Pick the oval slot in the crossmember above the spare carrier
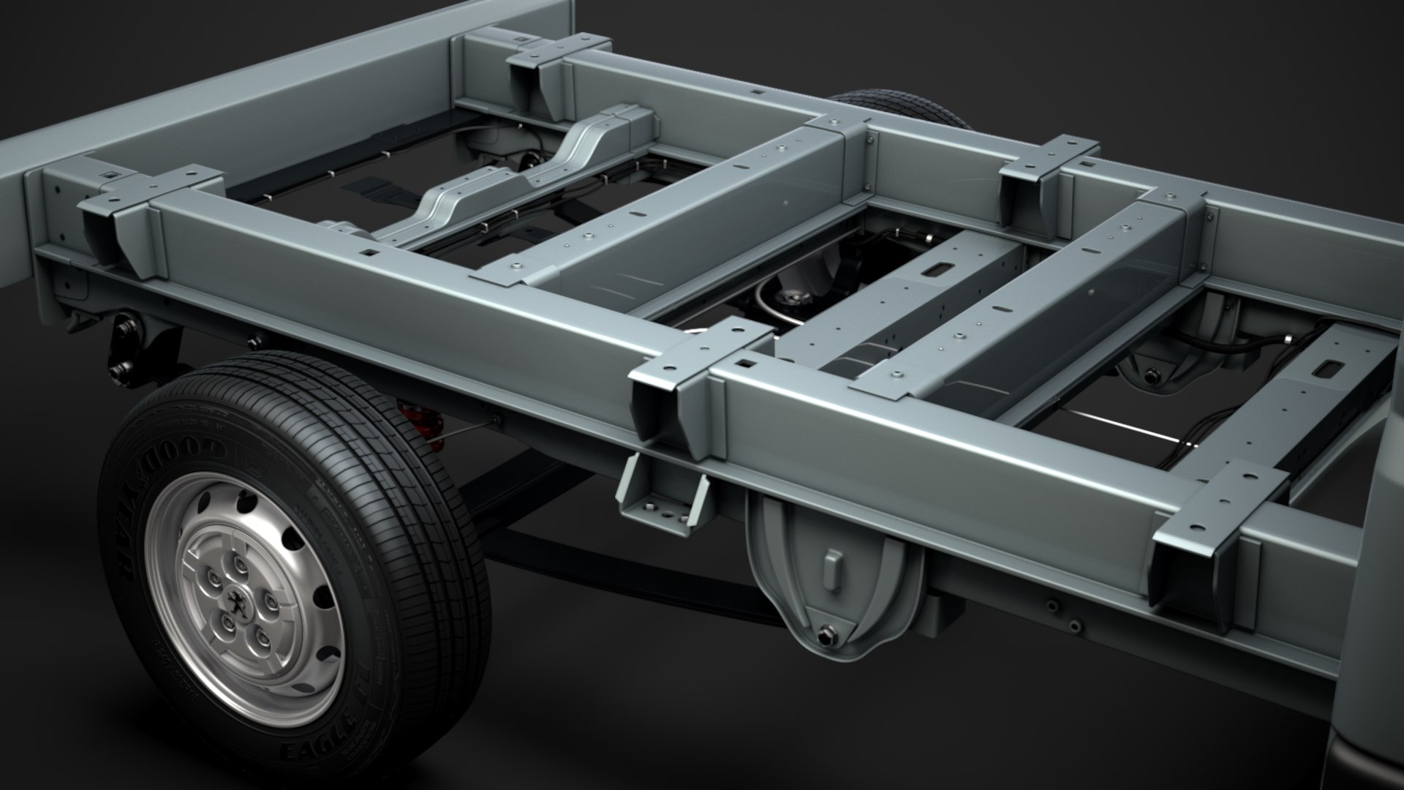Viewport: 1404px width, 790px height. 934,271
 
